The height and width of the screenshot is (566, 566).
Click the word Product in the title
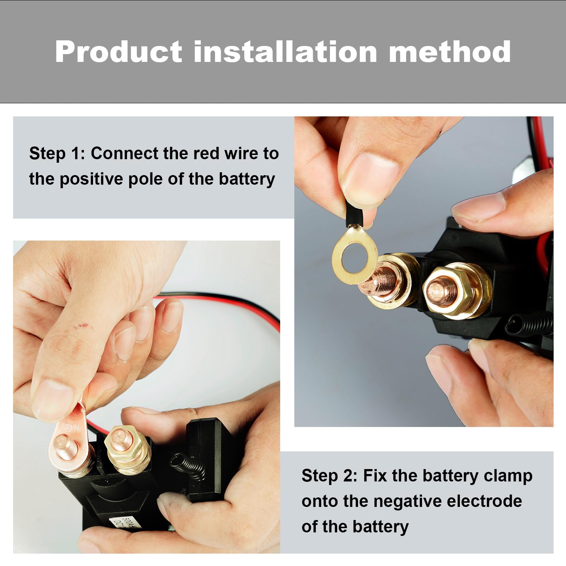(x=118, y=52)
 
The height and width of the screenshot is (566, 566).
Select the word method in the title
(x=450, y=52)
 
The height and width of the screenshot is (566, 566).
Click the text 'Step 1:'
(x=57, y=154)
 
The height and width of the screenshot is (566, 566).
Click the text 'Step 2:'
(x=329, y=475)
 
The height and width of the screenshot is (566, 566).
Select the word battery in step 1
(x=247, y=179)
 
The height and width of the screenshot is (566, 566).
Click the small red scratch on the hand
(x=83, y=325)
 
